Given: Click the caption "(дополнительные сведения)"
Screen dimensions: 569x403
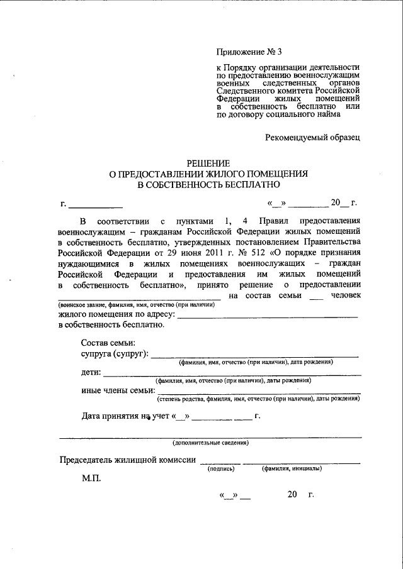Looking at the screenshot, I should pos(210,443).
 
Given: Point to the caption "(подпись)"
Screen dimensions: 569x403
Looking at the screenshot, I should pos(221,468).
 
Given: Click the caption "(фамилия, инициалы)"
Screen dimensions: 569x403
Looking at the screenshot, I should pos(292,468).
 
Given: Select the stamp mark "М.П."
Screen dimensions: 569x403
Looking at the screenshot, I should pos(91,478).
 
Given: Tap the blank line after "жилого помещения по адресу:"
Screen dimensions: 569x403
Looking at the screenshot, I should pos(268,316).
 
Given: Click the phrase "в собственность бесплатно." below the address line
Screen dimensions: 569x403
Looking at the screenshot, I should pos(111,325).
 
